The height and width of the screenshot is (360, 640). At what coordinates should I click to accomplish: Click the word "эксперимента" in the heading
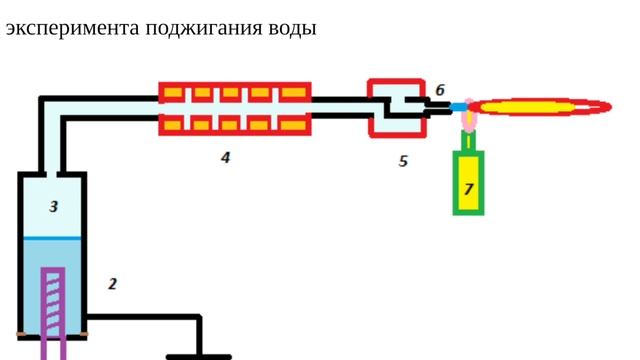[x=72, y=28]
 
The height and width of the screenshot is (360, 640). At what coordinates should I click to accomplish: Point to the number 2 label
[x=112, y=284]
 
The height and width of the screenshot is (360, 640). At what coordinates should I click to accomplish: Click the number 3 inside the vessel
[x=54, y=207]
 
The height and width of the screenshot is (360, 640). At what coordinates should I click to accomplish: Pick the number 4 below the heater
[x=226, y=157]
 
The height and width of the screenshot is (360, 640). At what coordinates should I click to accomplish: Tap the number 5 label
[x=403, y=160]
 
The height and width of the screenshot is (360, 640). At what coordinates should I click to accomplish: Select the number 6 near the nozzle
[x=440, y=90]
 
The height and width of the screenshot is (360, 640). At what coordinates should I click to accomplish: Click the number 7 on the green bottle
[x=468, y=187]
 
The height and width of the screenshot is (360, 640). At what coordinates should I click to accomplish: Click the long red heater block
[x=235, y=108]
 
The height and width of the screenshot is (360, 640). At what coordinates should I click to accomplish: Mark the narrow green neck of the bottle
[x=468, y=141]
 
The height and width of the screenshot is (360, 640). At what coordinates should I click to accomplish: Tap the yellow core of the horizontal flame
[x=540, y=105]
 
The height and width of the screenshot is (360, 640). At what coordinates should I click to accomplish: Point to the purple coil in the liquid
[x=53, y=305]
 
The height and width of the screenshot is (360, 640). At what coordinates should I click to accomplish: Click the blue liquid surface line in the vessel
[x=52, y=238]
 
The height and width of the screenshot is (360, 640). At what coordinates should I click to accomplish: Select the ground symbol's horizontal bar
[x=199, y=356]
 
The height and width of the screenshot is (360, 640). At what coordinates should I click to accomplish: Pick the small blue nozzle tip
[x=458, y=106]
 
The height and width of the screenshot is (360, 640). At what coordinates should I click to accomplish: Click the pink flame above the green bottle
[x=468, y=120]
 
